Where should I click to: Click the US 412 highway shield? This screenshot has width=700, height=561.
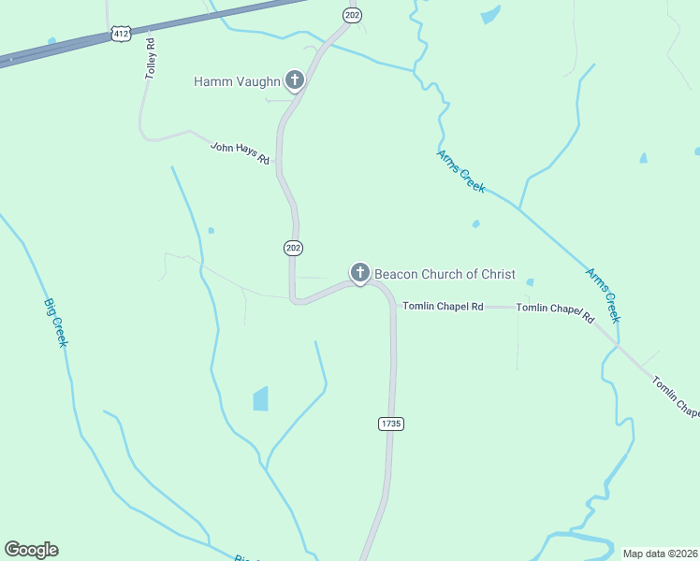pyautogui.click(x=120, y=34)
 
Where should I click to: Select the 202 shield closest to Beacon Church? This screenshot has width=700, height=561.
pyautogui.click(x=293, y=248)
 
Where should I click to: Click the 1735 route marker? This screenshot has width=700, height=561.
pyautogui.click(x=391, y=424)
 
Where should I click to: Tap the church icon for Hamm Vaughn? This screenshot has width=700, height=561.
pyautogui.click(x=295, y=80)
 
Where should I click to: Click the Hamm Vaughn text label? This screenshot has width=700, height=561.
pyautogui.click(x=237, y=81)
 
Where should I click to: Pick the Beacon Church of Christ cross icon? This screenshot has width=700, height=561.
pyautogui.click(x=359, y=273)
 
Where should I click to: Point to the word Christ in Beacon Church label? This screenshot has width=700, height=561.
pyautogui.click(x=498, y=274)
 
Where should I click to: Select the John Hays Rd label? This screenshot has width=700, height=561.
pyautogui.click(x=240, y=153)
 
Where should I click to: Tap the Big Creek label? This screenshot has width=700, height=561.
pyautogui.click(x=56, y=323)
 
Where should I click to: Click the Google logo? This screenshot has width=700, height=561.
pyautogui.click(x=31, y=550)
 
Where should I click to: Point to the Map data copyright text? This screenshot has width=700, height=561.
pyautogui.click(x=660, y=554)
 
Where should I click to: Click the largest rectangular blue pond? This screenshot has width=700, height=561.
pyautogui.click(x=260, y=399)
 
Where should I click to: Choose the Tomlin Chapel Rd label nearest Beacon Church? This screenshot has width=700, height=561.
pyautogui.click(x=443, y=307)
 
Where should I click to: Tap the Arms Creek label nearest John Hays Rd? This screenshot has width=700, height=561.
pyautogui.click(x=461, y=171)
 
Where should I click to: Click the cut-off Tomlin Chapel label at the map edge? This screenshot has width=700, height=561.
pyautogui.click(x=675, y=396)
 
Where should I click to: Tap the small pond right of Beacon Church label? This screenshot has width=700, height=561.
pyautogui.click(x=530, y=281)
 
